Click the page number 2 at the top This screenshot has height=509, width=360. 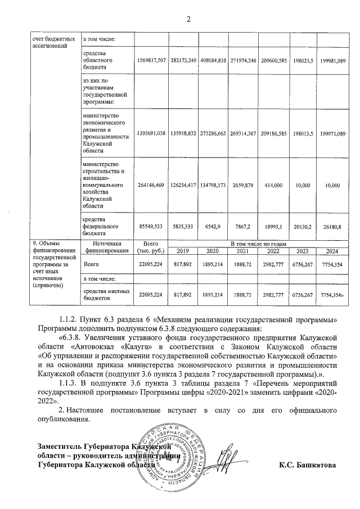[x=189, y=21]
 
